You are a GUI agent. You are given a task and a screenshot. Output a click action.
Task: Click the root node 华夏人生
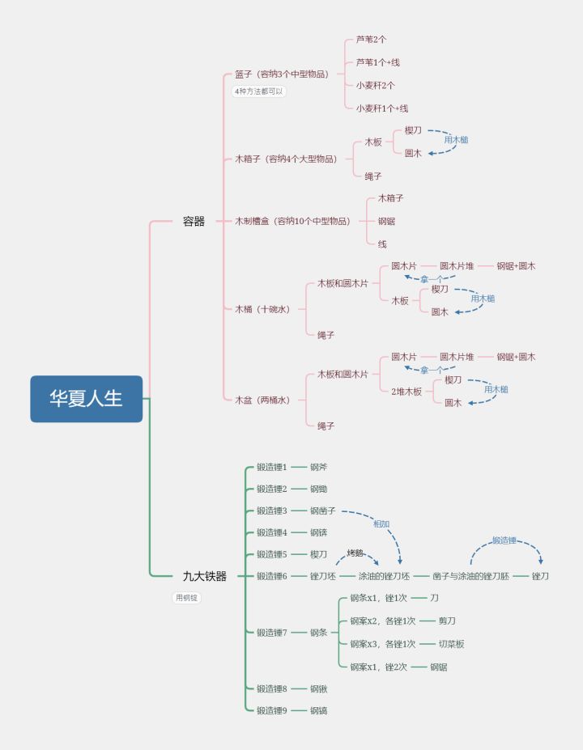click(86, 399)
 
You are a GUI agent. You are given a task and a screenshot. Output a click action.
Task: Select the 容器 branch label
click(194, 221)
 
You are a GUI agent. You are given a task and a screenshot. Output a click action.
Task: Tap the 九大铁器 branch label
click(204, 576)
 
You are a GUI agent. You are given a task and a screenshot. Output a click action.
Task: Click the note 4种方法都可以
click(259, 91)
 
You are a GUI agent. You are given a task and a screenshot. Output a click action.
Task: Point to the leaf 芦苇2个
click(371, 40)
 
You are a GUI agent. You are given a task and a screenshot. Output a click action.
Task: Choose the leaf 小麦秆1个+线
click(382, 108)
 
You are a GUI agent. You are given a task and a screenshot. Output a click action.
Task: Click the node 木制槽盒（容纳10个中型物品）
click(292, 221)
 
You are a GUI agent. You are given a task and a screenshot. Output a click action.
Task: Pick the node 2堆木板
click(406, 392)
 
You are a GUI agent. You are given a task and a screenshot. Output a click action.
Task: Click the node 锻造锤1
click(271, 467)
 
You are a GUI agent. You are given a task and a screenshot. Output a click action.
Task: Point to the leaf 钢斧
click(319, 467)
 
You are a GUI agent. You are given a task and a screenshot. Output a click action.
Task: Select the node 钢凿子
click(323, 511)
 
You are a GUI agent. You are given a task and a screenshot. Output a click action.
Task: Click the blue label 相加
click(381, 524)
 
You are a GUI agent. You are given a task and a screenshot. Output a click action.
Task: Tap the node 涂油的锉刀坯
click(384, 576)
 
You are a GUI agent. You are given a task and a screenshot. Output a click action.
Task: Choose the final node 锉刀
click(540, 576)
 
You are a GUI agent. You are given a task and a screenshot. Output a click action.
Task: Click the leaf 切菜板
click(451, 644)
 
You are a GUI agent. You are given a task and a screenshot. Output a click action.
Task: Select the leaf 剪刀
click(447, 621)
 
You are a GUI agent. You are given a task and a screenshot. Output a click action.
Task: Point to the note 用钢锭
click(186, 598)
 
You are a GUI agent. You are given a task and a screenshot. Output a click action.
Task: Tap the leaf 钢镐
click(319, 710)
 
